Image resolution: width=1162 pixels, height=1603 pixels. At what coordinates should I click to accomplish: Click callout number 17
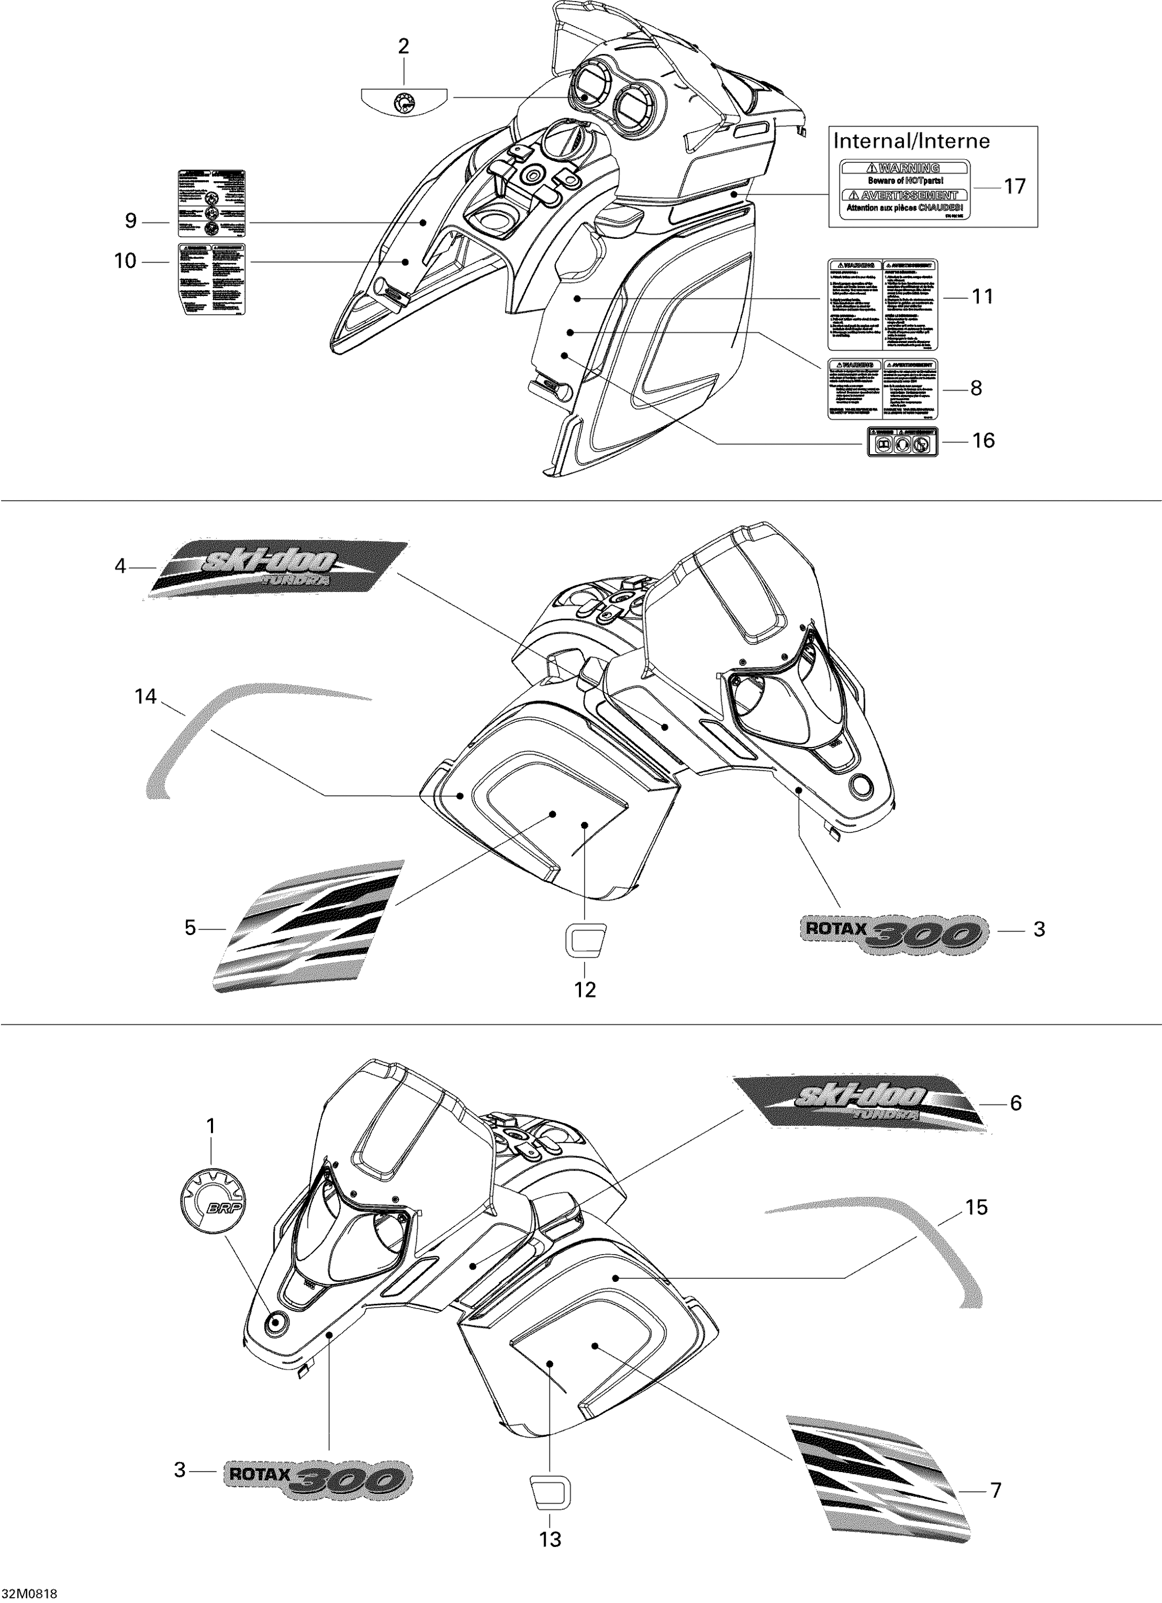1015,186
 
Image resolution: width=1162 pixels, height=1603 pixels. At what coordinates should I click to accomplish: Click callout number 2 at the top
403,46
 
